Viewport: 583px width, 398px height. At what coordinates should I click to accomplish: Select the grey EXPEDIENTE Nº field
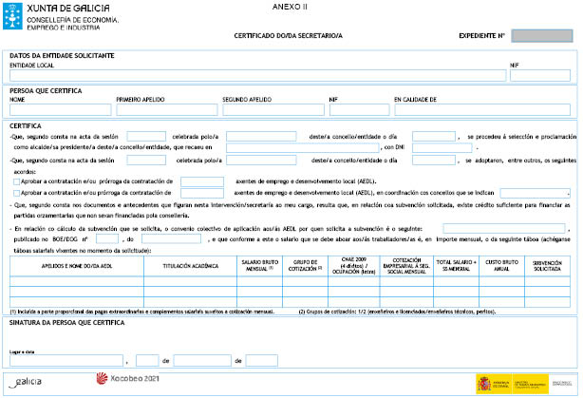pos(542,36)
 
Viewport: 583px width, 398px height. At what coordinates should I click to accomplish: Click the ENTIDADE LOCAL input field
pos(256,75)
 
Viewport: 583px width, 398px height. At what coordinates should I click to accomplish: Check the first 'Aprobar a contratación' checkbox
pos(14,180)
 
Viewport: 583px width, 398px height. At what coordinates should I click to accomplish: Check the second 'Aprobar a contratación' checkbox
pos(14,192)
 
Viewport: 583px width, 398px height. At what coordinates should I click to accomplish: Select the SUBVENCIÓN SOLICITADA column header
pos(548,266)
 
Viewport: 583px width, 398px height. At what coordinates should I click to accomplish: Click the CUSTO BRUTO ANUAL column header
pos(500,266)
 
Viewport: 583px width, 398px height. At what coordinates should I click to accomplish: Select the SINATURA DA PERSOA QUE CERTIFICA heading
pos(66,323)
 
